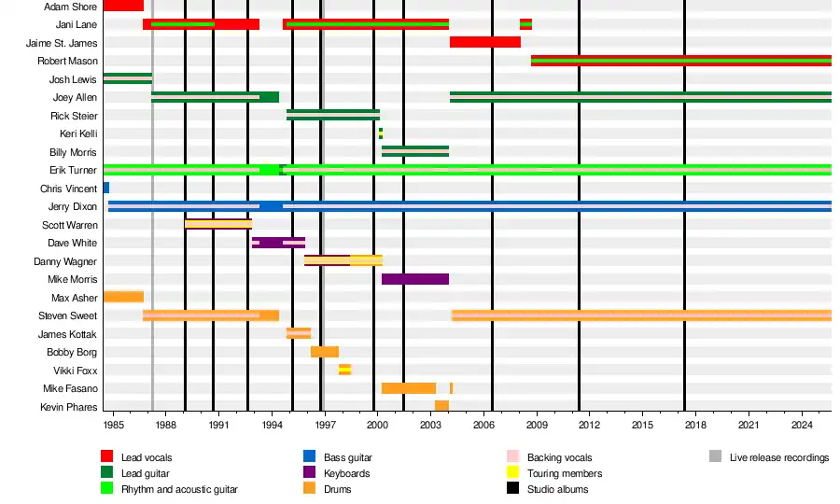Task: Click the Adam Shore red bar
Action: click(123, 6)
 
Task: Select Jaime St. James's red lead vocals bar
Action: click(484, 42)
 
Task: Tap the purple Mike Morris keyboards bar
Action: click(414, 279)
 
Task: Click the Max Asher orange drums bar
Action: click(123, 297)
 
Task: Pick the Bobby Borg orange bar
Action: click(324, 352)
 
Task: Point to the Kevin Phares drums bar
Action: click(441, 406)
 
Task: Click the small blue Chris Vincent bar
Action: click(106, 188)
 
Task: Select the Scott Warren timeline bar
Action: click(218, 224)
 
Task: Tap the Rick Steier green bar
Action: click(332, 115)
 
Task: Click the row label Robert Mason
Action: click(67, 61)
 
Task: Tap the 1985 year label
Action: click(114, 426)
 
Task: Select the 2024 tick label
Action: click(802, 426)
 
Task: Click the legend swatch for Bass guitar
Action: click(309, 457)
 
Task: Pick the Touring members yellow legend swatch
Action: click(512, 473)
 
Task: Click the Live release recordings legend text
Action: click(778, 457)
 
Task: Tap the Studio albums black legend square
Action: click(512, 489)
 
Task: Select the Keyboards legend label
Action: click(346, 473)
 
